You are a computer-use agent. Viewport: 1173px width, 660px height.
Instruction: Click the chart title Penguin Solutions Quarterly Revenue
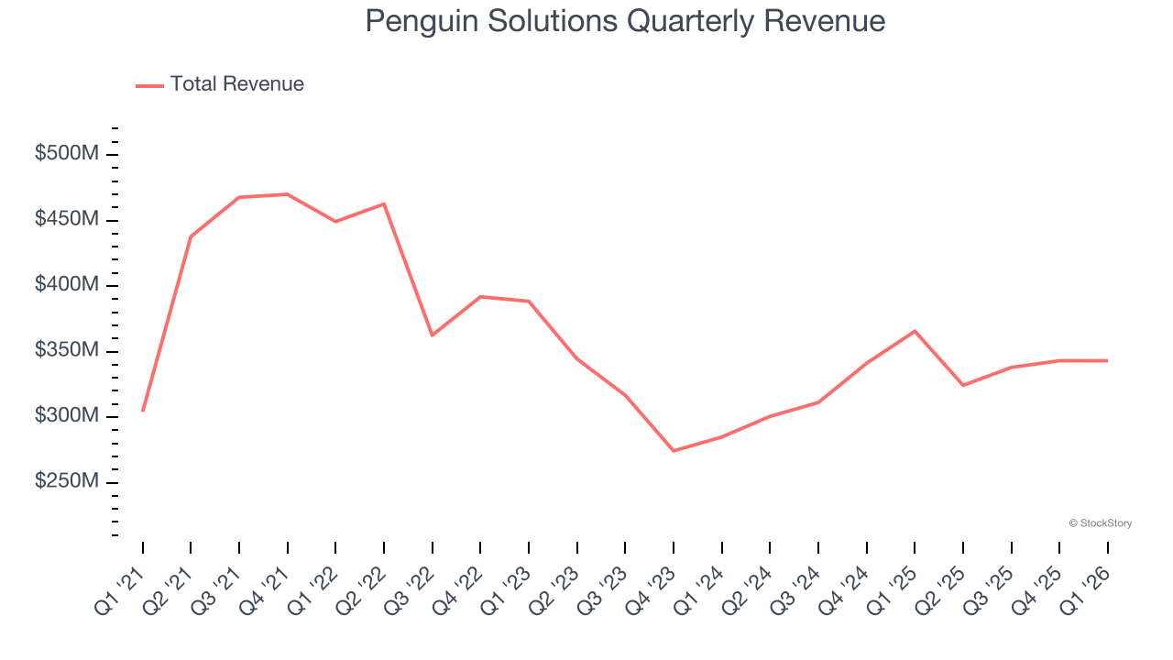625,21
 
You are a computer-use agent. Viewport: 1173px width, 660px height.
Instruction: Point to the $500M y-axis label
66,154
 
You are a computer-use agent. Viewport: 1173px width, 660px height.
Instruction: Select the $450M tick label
66,220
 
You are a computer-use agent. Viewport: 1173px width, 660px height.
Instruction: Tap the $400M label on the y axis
66,285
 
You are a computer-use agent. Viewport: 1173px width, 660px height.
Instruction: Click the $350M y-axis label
66,351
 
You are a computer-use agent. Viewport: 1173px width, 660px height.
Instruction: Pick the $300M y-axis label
66,416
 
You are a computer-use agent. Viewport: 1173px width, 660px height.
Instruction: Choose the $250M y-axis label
66,482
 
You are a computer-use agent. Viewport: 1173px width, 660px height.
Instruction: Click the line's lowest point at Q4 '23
674,451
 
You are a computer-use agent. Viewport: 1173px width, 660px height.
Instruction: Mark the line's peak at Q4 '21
288,194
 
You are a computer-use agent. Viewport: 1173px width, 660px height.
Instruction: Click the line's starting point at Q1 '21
143,411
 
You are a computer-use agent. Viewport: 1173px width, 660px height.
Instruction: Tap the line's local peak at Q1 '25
915,331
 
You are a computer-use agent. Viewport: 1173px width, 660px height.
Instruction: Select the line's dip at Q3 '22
433,335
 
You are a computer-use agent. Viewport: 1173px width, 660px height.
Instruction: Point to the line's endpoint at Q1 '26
1107,360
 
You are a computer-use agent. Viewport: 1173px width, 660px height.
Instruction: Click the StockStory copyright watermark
1100,523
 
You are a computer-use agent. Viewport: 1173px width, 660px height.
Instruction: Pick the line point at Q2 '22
384,203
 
